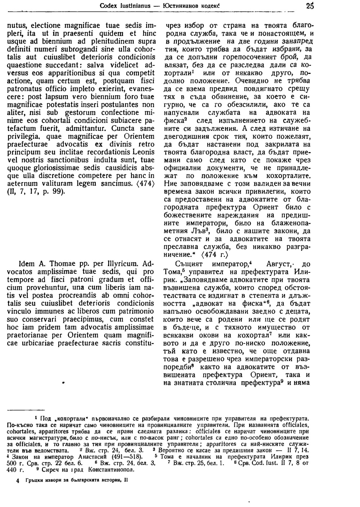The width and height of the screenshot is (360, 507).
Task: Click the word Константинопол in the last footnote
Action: coord(111,470)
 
